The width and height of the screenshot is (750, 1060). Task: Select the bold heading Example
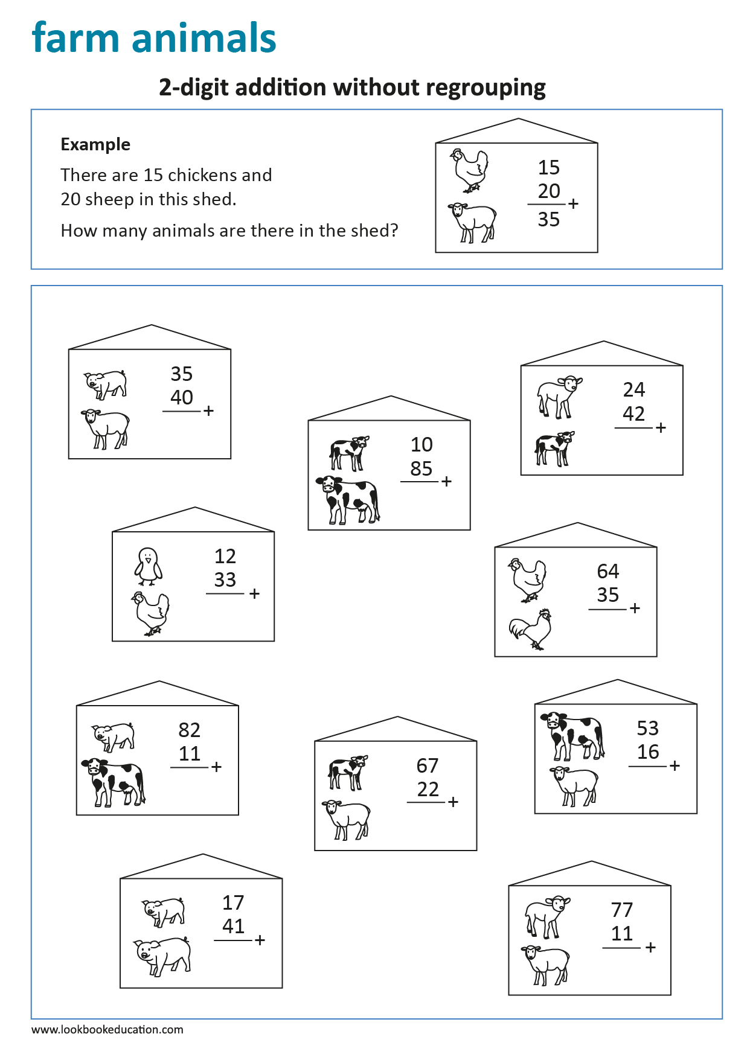pyautogui.click(x=95, y=144)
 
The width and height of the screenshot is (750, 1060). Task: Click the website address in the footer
pyautogui.click(x=107, y=1029)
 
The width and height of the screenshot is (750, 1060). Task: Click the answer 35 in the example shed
pyautogui.click(x=548, y=219)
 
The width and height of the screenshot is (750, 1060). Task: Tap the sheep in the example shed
pyautogui.click(x=473, y=222)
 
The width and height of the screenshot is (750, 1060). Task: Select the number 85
pyautogui.click(x=421, y=468)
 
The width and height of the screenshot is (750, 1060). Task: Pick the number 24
pyautogui.click(x=633, y=390)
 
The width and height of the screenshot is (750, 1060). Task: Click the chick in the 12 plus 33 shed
pyautogui.click(x=148, y=566)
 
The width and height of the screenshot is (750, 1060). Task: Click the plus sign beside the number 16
pyautogui.click(x=675, y=765)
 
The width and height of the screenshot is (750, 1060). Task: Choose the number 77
pyautogui.click(x=621, y=910)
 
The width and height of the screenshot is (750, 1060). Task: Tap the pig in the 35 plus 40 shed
pyautogui.click(x=106, y=384)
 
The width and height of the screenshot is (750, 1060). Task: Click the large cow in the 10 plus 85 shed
pyautogui.click(x=348, y=499)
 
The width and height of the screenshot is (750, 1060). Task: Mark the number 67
pyautogui.click(x=427, y=765)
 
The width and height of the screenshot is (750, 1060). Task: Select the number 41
pyautogui.click(x=233, y=926)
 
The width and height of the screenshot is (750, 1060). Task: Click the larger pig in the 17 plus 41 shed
pyautogui.click(x=162, y=956)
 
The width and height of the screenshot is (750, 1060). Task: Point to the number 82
pyautogui.click(x=189, y=730)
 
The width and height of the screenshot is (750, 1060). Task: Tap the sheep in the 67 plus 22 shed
pyautogui.click(x=347, y=819)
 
